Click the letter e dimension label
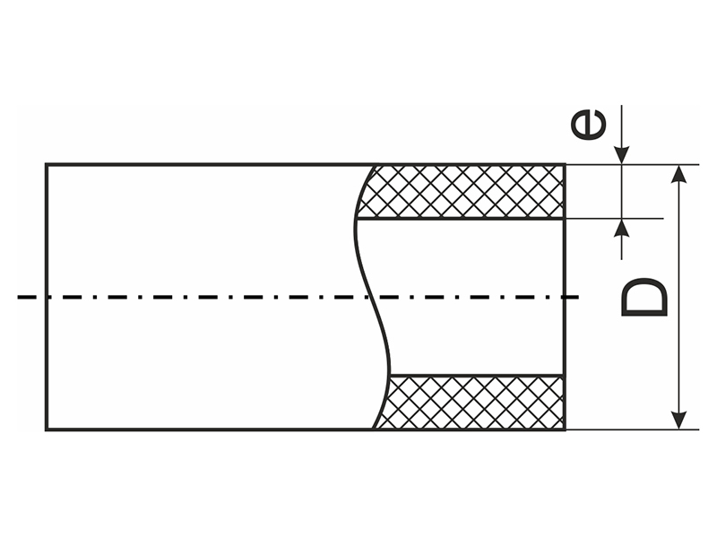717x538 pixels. point(589,125)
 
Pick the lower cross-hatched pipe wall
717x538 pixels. point(475,402)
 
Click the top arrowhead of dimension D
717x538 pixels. point(681,173)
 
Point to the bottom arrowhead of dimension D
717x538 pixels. point(681,421)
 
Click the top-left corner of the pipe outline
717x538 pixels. point(47,165)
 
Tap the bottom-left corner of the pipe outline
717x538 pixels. point(47,430)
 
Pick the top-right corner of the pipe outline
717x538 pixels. point(565,165)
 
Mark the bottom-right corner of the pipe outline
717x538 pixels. point(565,430)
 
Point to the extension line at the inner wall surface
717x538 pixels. point(618,218)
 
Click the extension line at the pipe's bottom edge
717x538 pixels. point(627,430)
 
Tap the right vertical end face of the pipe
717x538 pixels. point(565,297)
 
